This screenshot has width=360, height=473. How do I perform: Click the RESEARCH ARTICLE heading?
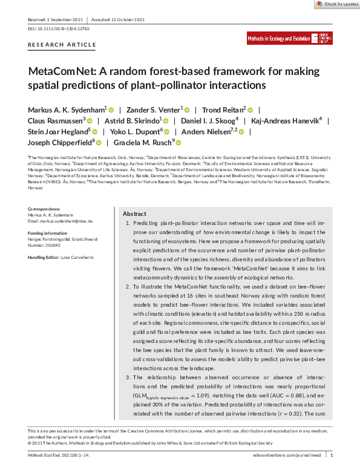[62, 45]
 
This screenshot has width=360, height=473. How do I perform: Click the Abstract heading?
[134, 214]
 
